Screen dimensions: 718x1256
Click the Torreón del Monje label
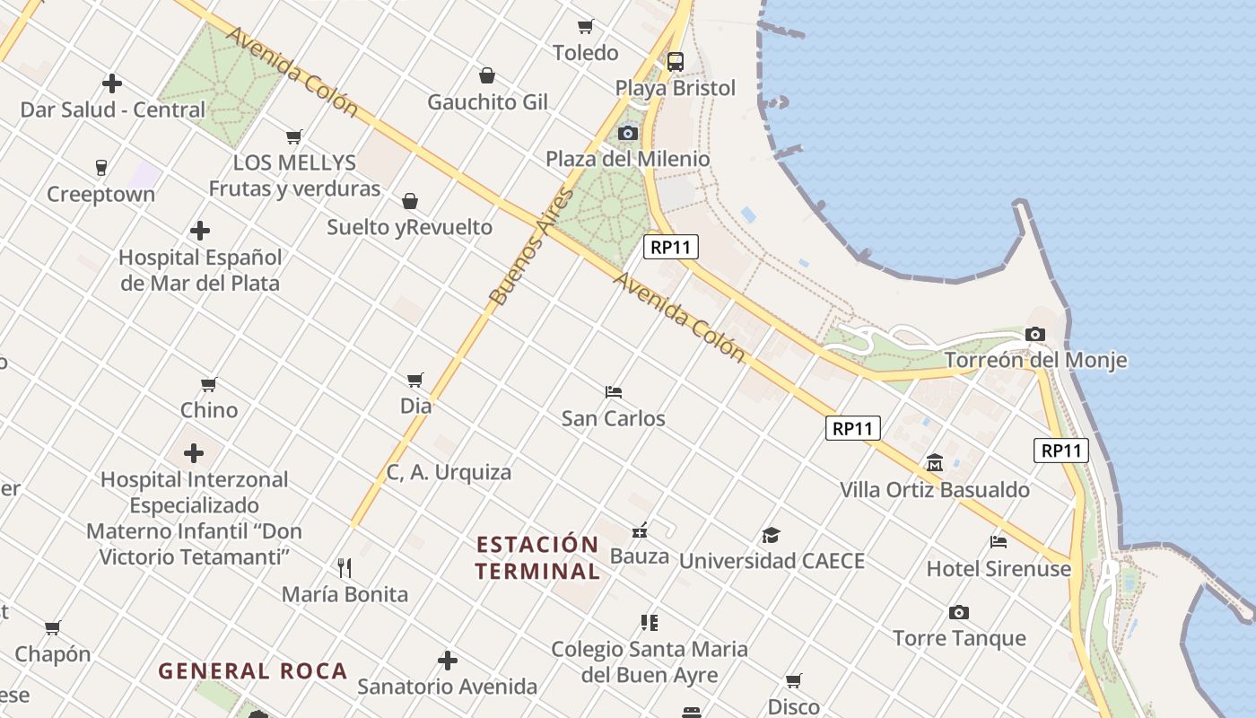coord(1035,361)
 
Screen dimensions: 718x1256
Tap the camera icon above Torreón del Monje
coord(1035,335)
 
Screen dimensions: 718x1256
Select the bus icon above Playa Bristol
coord(675,62)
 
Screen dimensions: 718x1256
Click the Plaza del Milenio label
coord(628,160)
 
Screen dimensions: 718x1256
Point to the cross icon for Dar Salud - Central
coord(112,83)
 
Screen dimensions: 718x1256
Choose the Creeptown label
coord(100,195)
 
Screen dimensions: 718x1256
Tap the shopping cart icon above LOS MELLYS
coord(294,136)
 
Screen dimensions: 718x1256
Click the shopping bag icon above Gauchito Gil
coord(487,75)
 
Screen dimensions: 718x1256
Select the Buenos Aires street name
coord(532,248)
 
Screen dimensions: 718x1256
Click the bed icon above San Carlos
coord(614,392)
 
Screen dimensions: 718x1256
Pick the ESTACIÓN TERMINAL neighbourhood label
coord(537,557)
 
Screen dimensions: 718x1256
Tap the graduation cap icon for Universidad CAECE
coord(771,536)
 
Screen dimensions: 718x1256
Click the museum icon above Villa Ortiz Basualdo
coord(935,463)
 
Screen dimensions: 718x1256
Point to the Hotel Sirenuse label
coord(999,569)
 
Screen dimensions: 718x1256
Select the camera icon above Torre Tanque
coord(959,613)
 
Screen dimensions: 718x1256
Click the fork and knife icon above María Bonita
coord(345,567)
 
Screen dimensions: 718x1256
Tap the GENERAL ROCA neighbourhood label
coord(253,671)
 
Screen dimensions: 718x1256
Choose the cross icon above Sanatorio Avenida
coord(448,661)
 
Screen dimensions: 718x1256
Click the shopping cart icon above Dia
coord(415,380)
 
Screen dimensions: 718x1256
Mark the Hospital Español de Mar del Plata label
coord(200,270)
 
